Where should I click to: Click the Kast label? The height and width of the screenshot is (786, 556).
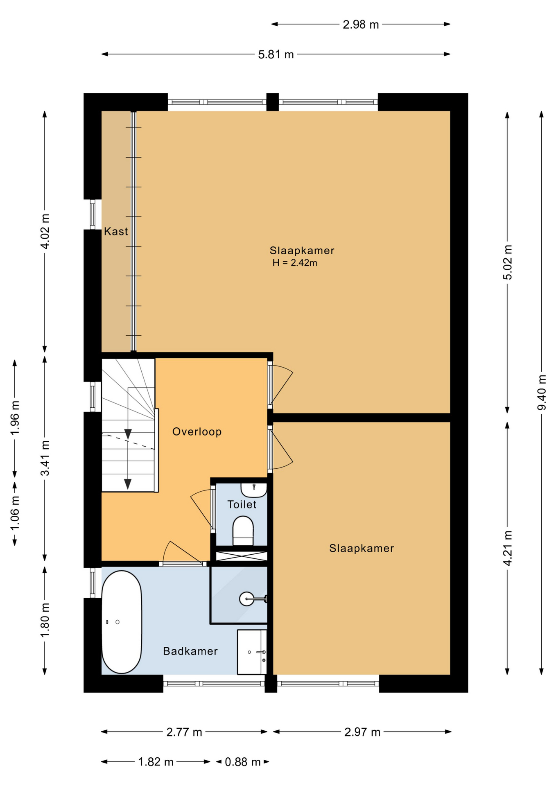(x=116, y=232)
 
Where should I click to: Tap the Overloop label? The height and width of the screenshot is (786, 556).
(x=197, y=432)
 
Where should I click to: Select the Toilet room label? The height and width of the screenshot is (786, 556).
(x=242, y=505)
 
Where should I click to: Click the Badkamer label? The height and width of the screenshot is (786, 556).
(x=190, y=651)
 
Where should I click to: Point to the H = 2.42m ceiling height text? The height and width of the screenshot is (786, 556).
(x=295, y=263)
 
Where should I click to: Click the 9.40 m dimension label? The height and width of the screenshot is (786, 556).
(x=542, y=392)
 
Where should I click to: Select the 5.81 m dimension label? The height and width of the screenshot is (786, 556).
(x=276, y=54)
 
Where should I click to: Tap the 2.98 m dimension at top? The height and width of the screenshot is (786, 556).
(x=361, y=25)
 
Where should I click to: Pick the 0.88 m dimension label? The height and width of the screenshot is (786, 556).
(x=243, y=762)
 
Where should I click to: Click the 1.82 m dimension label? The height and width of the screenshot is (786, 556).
(x=156, y=762)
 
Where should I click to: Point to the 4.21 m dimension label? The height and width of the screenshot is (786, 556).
(x=508, y=548)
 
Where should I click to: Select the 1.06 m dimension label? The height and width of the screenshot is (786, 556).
(x=15, y=513)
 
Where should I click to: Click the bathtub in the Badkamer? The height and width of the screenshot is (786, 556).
(x=122, y=622)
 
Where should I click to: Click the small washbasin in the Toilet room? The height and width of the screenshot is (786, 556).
(x=254, y=489)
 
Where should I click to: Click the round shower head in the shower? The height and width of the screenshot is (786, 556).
(x=246, y=599)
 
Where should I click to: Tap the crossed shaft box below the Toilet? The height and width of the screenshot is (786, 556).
(x=242, y=556)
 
